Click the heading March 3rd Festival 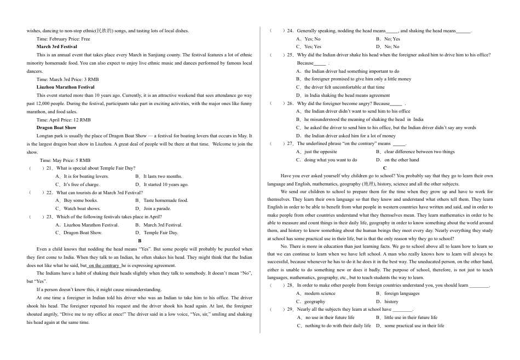pyautogui.click(x=56, y=47)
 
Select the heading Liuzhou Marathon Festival pyautogui.click(x=65, y=87)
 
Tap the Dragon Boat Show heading pyautogui.click(x=56, y=127)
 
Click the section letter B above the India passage pyautogui.click(x=140, y=241)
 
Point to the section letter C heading pyautogui.click(x=385, y=168)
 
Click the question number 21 pyautogui.click(x=49, y=168)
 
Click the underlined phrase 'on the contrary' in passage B pyautogui.click(x=103, y=265)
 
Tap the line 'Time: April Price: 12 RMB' pyautogui.click(x=63, y=120)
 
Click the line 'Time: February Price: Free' pyautogui.click(x=63, y=39)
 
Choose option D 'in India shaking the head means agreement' pyautogui.click(x=343, y=95)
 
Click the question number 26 pyautogui.click(x=290, y=103)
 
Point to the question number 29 pyautogui.click(x=290, y=310)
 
